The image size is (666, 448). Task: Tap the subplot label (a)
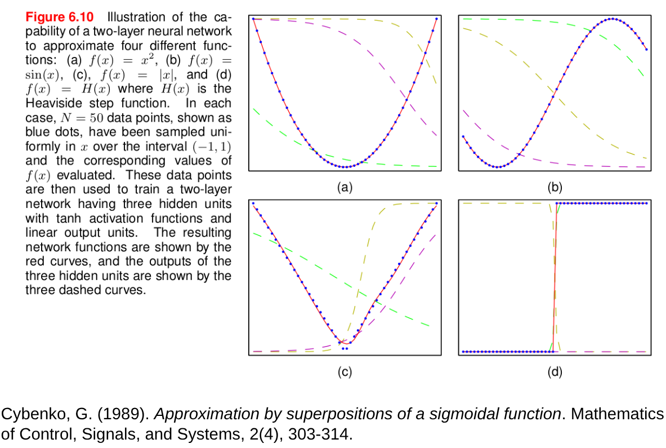(x=345, y=187)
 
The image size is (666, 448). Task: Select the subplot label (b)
(x=555, y=187)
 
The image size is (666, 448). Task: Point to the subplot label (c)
(x=345, y=372)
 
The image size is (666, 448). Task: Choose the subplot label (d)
(x=555, y=372)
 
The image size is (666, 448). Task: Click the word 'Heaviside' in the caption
(x=52, y=104)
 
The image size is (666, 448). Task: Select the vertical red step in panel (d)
(x=555, y=276)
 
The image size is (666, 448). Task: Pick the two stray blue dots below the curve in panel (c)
(x=345, y=349)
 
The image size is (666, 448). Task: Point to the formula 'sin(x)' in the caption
(x=42, y=75)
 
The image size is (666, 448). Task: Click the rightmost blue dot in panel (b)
(x=646, y=50)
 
